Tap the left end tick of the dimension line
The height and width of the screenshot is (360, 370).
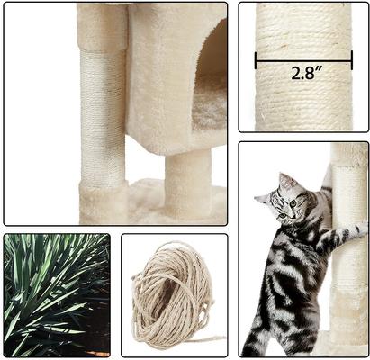[x=256, y=60]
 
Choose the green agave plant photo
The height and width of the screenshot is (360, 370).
[x=56, y=295]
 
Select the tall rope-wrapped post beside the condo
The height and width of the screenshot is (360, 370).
[x=104, y=117]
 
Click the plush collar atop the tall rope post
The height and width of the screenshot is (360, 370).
[x=102, y=27]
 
